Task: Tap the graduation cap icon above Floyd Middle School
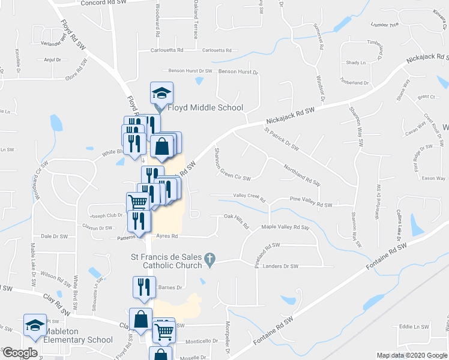coord(161,93)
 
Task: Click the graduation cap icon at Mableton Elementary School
coord(35,325)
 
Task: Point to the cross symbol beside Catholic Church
coord(209,260)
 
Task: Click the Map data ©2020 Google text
coord(411,355)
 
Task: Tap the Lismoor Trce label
coord(385,25)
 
